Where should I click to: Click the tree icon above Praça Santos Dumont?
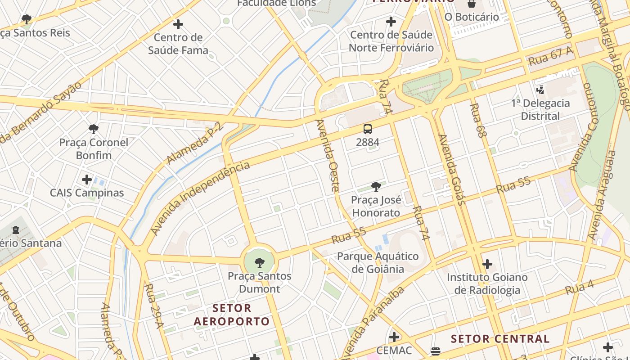(x=259, y=263)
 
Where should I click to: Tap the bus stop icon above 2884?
(x=368, y=129)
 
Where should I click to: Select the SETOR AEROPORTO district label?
(x=232, y=315)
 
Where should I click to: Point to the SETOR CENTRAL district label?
(x=500, y=339)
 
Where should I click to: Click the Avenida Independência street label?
(x=200, y=198)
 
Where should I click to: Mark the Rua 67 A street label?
(x=551, y=56)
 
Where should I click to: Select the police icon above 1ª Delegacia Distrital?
(x=540, y=90)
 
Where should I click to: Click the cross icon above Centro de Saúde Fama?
(x=178, y=24)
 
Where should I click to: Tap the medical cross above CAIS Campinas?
(x=87, y=180)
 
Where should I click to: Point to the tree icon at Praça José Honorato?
(x=376, y=186)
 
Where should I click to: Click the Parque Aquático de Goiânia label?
(x=378, y=263)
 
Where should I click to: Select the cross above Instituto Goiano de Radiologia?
(x=487, y=264)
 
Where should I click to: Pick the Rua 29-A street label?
(x=153, y=306)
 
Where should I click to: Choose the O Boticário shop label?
(x=472, y=17)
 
